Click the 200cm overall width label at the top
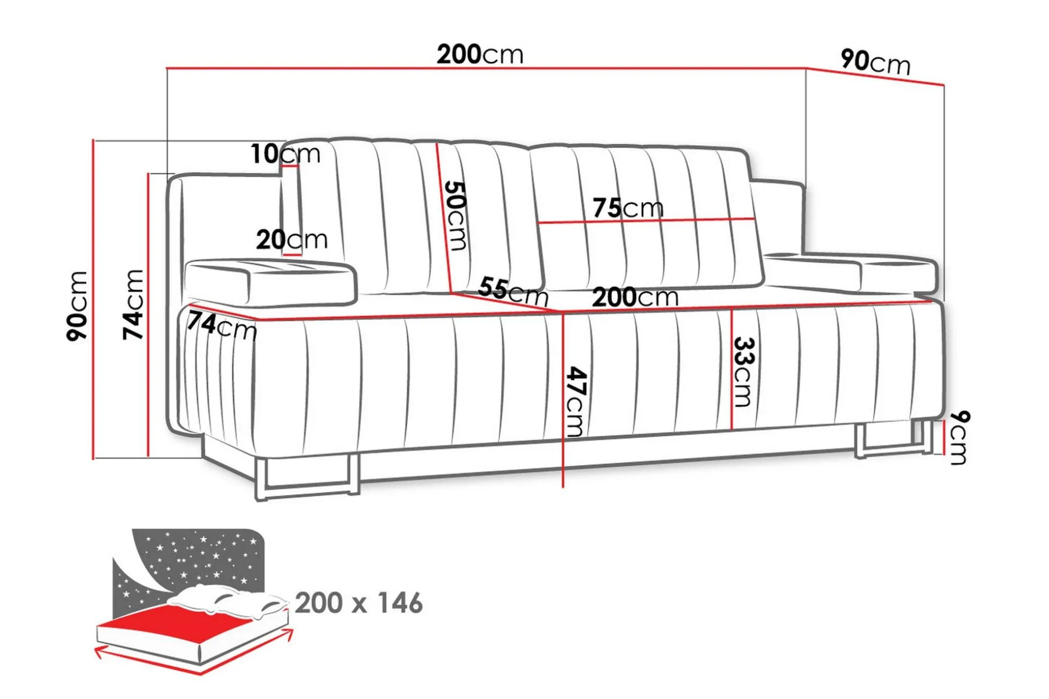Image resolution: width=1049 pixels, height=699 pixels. click(x=480, y=55)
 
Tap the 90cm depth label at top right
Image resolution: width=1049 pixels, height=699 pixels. click(x=875, y=61)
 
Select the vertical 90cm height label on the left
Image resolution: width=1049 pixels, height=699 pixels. click(x=77, y=305)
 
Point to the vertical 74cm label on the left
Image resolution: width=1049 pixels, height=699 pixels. click(x=133, y=304)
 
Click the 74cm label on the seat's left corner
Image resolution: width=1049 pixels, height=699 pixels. click(x=222, y=326)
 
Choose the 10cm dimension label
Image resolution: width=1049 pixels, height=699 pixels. click(x=285, y=154)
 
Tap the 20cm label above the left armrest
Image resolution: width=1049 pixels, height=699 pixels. click(x=292, y=240)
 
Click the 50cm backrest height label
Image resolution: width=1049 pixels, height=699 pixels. click(x=455, y=215)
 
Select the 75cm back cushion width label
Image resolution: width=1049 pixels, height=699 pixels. click(x=628, y=208)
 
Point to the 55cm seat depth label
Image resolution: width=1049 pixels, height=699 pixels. click(x=513, y=291)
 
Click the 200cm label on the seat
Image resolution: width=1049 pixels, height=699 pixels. click(x=635, y=297)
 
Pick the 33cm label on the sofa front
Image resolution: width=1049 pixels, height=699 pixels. click(x=743, y=371)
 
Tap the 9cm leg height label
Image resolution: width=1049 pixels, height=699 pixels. click(x=958, y=437)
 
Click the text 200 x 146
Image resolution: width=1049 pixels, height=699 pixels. click(x=359, y=603)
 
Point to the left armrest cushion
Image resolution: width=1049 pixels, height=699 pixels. click(x=271, y=282)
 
